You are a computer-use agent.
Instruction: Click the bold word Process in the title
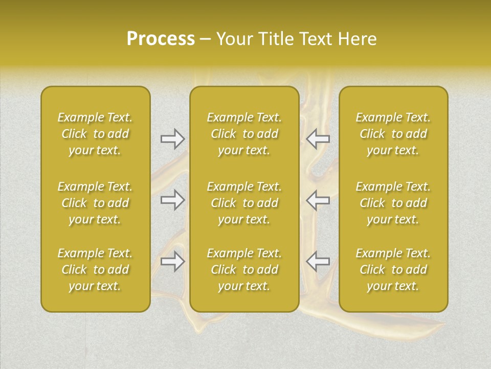click(161, 39)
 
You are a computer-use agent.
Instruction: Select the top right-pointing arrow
click(172, 139)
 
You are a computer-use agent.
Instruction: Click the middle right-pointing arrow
click(172, 200)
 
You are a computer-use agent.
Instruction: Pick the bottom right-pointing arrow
click(172, 261)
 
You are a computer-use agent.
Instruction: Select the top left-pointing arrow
click(318, 139)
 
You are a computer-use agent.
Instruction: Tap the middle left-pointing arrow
click(318, 200)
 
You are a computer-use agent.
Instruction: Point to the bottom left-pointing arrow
click(318, 261)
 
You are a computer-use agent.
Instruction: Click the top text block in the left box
click(95, 134)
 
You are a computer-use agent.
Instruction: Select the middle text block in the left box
click(95, 203)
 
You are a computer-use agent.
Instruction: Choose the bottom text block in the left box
click(95, 270)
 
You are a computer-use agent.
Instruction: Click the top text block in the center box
click(244, 134)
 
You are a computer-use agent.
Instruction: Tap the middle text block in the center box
click(244, 203)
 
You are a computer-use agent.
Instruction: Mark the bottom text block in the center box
click(244, 270)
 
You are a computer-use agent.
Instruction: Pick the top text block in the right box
click(393, 134)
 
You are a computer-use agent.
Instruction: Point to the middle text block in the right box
click(393, 203)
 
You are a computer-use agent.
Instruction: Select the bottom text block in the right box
click(393, 270)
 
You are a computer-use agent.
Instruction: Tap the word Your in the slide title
click(234, 39)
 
